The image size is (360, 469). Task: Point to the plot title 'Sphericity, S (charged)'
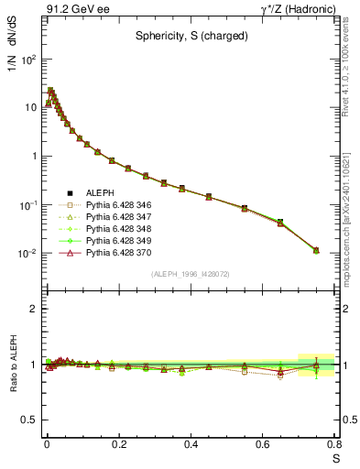pyautogui.click(x=190, y=39)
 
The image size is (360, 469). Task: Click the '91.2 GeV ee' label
pyautogui.click(x=71, y=9)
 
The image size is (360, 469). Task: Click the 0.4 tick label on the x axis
pyautogui.click(x=191, y=445)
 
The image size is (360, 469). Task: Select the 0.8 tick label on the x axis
pyautogui.click(x=334, y=445)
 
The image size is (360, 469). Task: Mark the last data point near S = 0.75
pyautogui.click(x=316, y=250)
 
